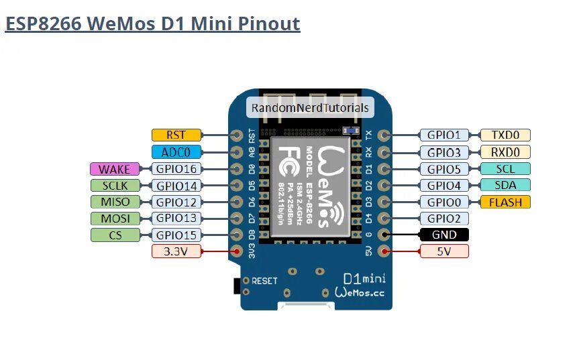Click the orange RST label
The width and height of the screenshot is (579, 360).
pos(176,135)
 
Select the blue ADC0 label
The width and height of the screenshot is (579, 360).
pos(176,152)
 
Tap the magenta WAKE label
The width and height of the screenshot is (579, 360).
pos(114,169)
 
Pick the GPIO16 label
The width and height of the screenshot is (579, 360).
pos(175,169)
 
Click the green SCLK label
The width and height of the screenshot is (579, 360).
pos(114,186)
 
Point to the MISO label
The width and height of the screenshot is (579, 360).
pos(114,202)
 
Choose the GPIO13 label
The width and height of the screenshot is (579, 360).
pos(175,219)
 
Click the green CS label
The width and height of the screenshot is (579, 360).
pos(114,235)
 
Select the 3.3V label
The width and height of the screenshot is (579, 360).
pos(176,252)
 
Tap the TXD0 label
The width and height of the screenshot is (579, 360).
pos(505,135)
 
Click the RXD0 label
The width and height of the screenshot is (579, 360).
pos(505,152)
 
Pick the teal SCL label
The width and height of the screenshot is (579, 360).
pos(505,169)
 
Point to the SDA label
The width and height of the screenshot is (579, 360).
pos(505,185)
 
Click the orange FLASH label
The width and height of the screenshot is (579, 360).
pos(505,202)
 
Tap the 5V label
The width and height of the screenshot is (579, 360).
pos(443,252)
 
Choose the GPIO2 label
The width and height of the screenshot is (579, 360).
pos(443,219)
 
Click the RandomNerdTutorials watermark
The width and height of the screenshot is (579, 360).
pos(310,107)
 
